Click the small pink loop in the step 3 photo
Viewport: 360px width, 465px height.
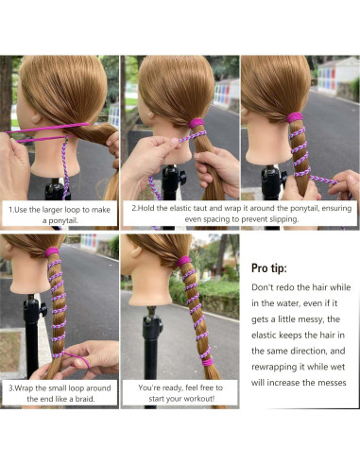tap(66, 362)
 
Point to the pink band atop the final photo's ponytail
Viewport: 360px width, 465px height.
tap(183, 260)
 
